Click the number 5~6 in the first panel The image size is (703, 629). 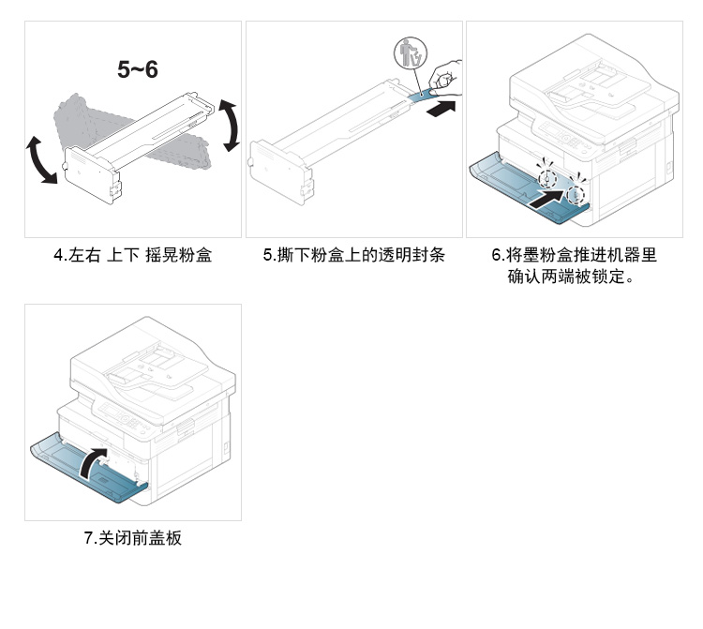pyautogui.click(x=137, y=69)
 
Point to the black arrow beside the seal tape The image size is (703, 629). pyautogui.click(x=442, y=110)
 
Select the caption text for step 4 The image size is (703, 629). pyautogui.click(x=131, y=255)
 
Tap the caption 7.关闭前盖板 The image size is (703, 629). pyautogui.click(x=132, y=538)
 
